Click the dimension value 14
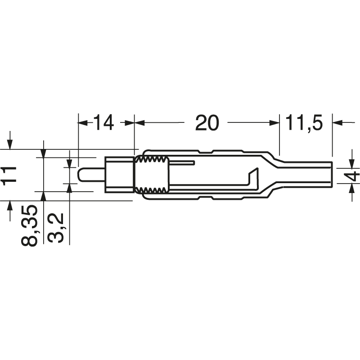coord(103,122)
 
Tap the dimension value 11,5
coord(305,122)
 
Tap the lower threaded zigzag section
coord(152,189)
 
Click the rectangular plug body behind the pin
coord(119,175)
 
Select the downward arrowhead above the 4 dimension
coord(352,162)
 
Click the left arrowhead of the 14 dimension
coord(82,122)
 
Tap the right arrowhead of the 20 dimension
coord(274,122)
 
